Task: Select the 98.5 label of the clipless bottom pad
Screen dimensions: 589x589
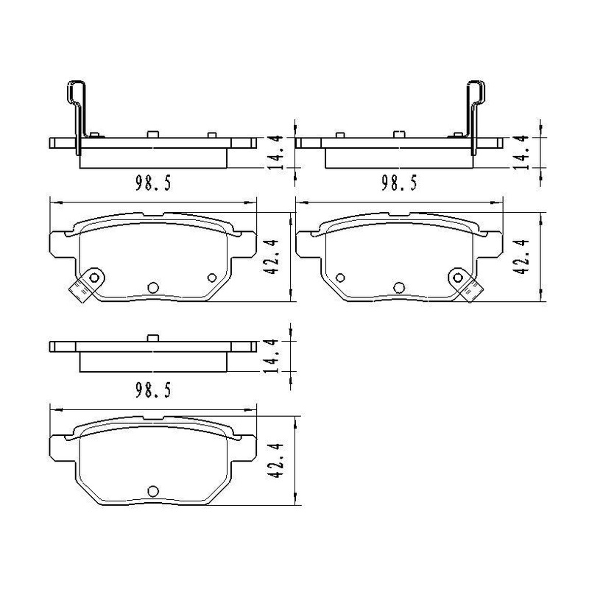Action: point(153,391)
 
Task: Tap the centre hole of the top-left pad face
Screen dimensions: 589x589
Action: point(153,287)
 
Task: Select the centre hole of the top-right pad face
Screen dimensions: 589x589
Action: point(400,287)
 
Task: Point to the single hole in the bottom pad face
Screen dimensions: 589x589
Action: point(153,491)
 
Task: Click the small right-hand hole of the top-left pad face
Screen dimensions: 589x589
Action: point(213,278)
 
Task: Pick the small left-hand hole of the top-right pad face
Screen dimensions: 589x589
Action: point(340,278)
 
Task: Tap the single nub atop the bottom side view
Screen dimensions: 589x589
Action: point(153,339)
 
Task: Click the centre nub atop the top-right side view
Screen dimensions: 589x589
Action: point(399,133)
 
